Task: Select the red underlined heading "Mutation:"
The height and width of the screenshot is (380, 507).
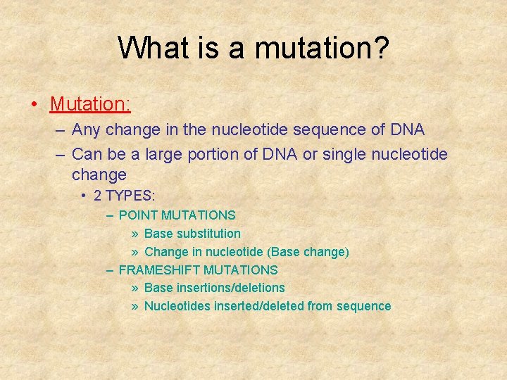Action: (x=90, y=104)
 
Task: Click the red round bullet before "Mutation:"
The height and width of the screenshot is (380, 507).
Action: (x=34, y=105)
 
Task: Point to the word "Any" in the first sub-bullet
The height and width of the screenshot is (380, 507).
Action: (x=86, y=130)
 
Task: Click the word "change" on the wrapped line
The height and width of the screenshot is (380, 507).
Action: (x=99, y=175)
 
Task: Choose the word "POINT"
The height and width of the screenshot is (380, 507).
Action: (x=138, y=215)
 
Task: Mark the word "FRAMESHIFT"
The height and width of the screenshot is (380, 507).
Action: (x=160, y=270)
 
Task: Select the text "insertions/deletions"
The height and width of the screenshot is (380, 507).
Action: (x=229, y=288)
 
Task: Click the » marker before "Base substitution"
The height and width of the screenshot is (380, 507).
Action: (x=134, y=233)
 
